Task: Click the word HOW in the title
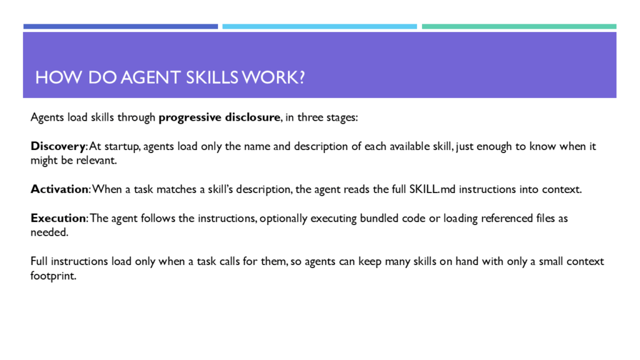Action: pyautogui.click(x=58, y=77)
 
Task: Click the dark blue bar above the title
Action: pyautogui.click(x=121, y=26)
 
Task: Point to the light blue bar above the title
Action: pyautogui.click(x=319, y=26)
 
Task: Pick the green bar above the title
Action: pyautogui.click(x=519, y=26)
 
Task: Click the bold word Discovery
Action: pyautogui.click(x=58, y=146)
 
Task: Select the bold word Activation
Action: pyautogui.click(x=59, y=189)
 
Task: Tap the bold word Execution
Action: pyautogui.click(x=58, y=218)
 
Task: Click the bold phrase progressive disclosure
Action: pyautogui.click(x=219, y=117)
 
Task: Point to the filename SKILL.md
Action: pyautogui.click(x=432, y=189)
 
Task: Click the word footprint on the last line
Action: pyautogui.click(x=52, y=276)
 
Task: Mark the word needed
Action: pyautogui.click(x=48, y=232)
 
